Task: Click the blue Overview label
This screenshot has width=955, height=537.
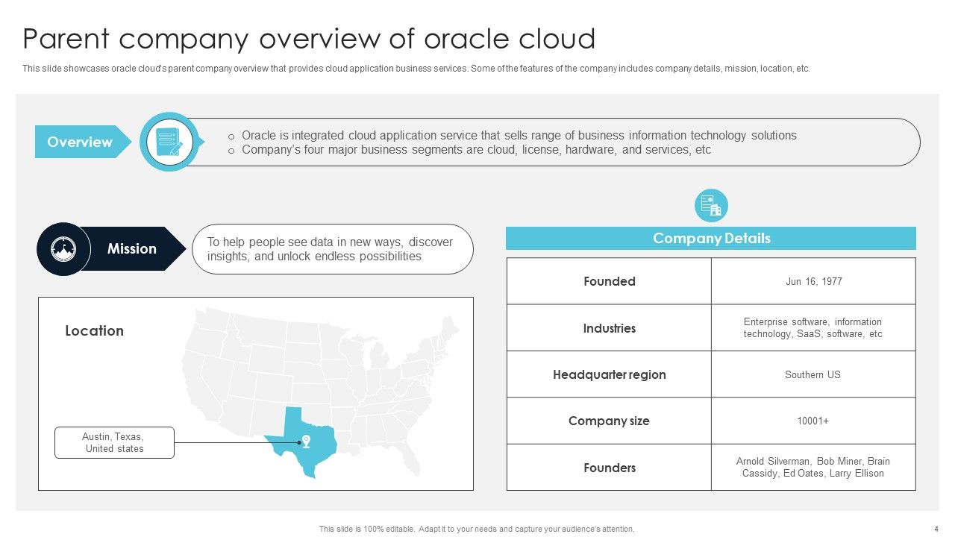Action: (79, 142)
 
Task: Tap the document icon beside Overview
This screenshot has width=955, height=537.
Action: (169, 142)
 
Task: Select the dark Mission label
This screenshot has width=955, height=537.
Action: (131, 248)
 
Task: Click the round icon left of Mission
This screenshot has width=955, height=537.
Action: (63, 249)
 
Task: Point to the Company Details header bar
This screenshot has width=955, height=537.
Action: (710, 239)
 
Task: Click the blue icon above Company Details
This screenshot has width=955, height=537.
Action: (711, 205)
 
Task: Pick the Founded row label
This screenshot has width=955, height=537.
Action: (609, 281)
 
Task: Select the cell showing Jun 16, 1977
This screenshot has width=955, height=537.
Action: (813, 281)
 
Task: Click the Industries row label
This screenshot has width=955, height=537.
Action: (609, 328)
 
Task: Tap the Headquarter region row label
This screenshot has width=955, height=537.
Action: (609, 374)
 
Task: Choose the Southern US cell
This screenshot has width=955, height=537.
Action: (813, 374)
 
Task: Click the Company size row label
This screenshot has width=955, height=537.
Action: (609, 421)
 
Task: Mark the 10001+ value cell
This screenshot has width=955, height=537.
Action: (813, 421)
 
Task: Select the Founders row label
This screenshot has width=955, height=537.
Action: (609, 468)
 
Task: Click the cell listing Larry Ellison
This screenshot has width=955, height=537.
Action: (813, 468)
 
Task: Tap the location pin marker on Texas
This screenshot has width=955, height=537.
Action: (305, 441)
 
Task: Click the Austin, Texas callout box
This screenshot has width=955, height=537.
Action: (114, 442)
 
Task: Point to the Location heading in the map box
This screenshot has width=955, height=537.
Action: (94, 330)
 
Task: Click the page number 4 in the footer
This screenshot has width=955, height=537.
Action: (936, 529)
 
